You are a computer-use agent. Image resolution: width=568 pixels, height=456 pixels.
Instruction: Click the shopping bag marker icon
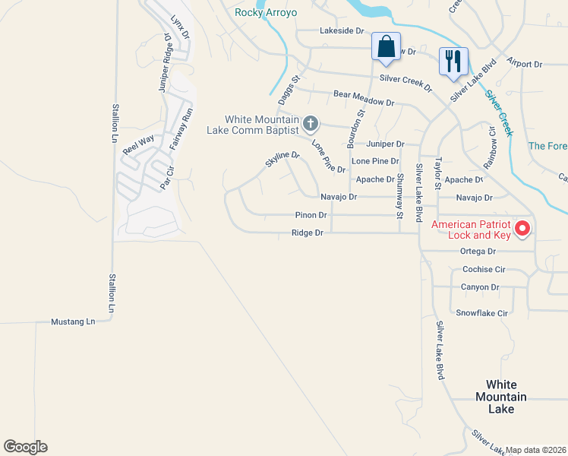click(x=386, y=47)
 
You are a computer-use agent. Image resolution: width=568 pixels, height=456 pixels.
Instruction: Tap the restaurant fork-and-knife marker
click(x=453, y=62)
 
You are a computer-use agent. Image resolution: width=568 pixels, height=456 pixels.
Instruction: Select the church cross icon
click(x=310, y=123)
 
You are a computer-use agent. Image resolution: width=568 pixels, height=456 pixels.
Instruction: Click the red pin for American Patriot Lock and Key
click(x=522, y=228)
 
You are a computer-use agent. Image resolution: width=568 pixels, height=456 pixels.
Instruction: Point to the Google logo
click(x=25, y=447)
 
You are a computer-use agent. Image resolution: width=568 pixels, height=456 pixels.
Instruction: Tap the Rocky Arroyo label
click(x=266, y=13)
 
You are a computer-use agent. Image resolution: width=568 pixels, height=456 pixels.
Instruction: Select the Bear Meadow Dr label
click(x=364, y=98)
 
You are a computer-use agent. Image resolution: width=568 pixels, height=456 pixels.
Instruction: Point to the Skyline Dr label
click(x=282, y=160)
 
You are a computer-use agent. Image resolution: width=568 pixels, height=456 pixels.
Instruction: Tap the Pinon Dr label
click(x=311, y=215)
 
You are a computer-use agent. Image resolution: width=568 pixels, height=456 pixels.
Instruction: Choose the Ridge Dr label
click(x=308, y=233)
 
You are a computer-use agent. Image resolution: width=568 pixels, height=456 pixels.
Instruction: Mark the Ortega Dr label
click(x=478, y=252)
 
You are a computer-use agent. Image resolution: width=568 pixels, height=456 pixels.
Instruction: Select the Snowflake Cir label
click(x=481, y=313)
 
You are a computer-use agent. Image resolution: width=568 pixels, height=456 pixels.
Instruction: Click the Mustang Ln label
click(x=73, y=321)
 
